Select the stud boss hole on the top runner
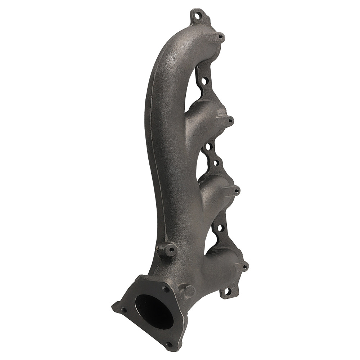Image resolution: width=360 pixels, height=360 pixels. click(220, 36)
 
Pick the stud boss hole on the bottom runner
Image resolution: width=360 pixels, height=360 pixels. click(245, 267)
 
